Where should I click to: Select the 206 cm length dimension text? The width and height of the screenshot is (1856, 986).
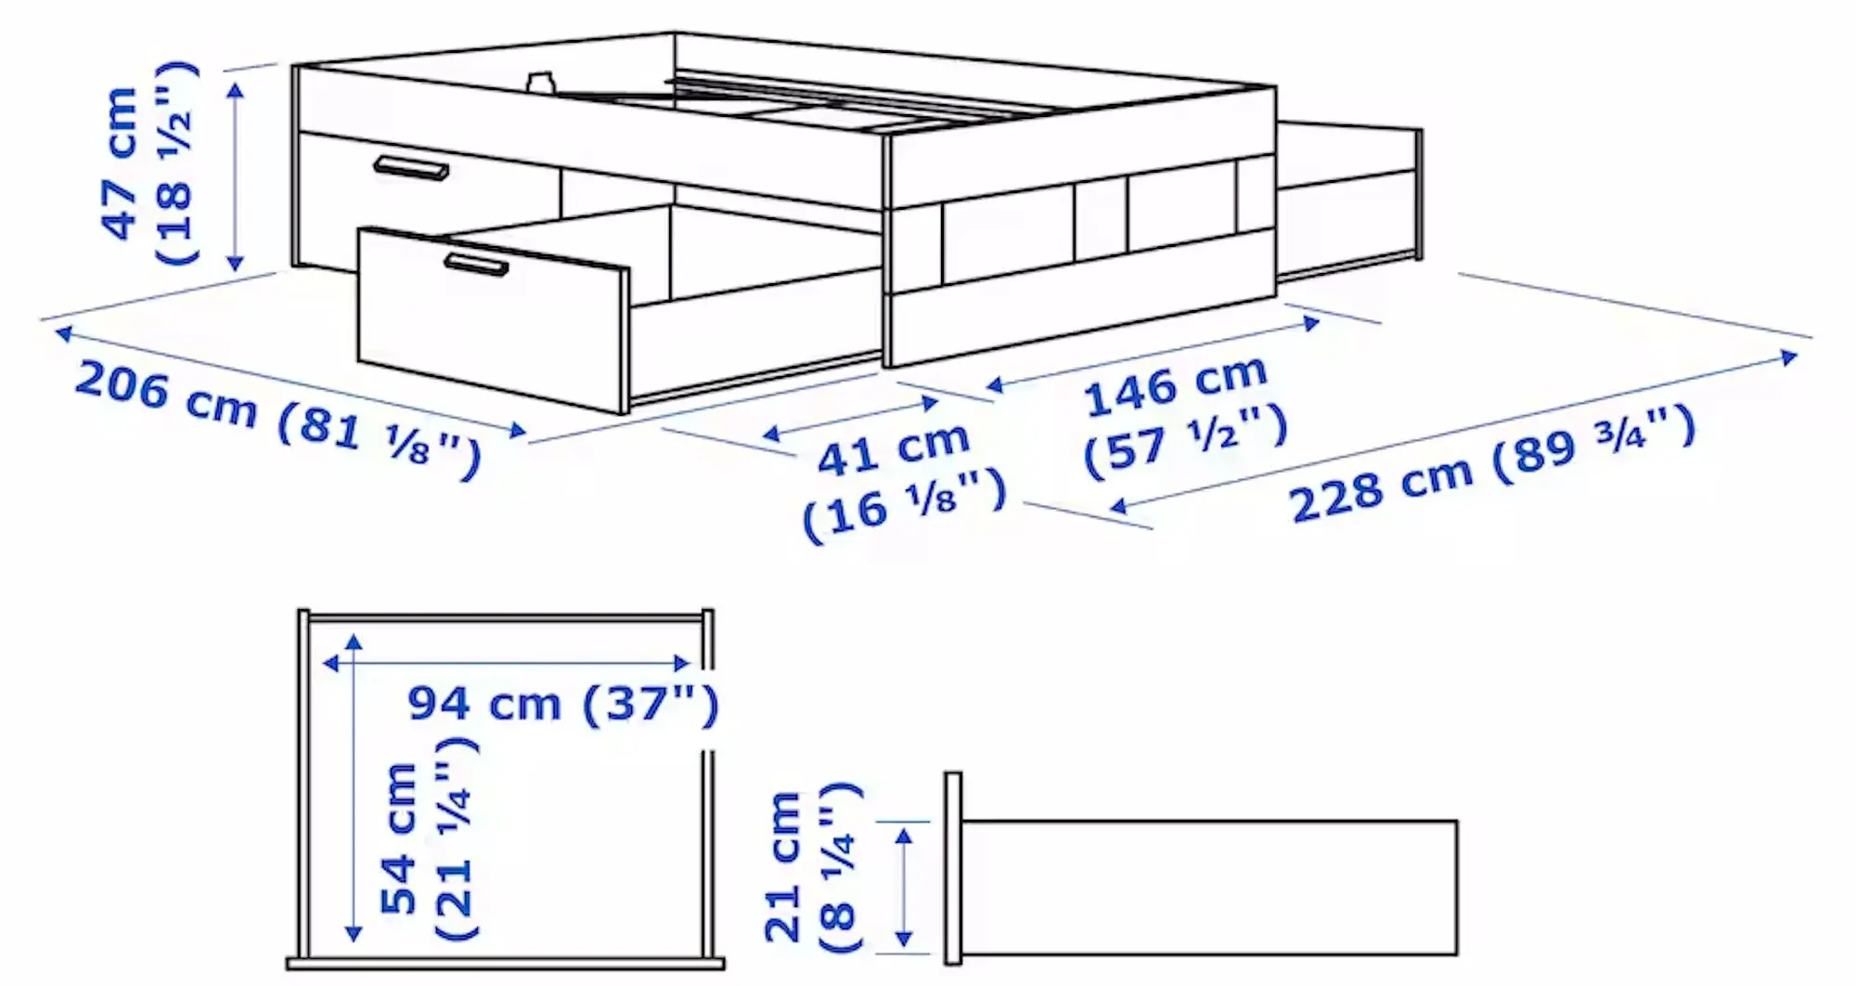click(165, 394)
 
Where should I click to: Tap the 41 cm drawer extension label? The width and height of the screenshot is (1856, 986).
click(893, 448)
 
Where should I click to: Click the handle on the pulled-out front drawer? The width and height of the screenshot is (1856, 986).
click(476, 264)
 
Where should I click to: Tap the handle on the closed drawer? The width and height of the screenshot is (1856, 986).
click(411, 168)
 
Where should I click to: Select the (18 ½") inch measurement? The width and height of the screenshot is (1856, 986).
click(175, 163)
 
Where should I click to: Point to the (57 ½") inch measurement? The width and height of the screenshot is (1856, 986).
click(1186, 436)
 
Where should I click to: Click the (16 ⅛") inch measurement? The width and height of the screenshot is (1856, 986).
click(904, 503)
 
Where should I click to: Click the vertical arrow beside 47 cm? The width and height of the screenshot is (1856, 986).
click(236, 176)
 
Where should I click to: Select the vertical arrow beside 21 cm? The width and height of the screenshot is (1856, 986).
click(904, 888)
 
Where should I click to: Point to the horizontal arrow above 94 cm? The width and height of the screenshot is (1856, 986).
click(506, 663)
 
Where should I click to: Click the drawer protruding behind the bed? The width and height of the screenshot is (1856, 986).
click(1348, 200)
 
